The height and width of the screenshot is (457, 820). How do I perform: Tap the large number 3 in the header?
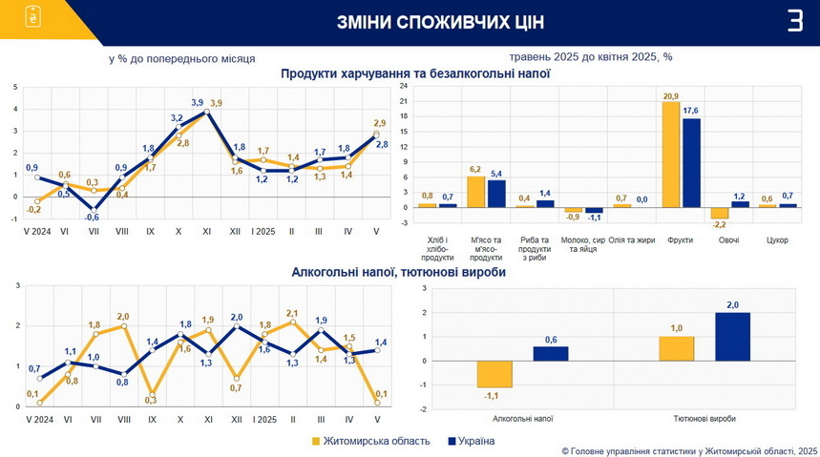coord(794,21)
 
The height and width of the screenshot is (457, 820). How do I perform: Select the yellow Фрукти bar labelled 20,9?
coord(671,155)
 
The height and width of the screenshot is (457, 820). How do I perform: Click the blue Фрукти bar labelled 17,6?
coord(691,162)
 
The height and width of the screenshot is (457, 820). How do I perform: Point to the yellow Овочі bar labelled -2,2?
coord(720,213)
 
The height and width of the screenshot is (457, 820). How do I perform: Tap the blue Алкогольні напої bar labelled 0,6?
coord(551,353)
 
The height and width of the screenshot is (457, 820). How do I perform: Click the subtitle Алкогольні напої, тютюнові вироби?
coord(399,273)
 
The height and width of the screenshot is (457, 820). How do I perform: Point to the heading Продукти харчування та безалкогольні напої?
coord(415,73)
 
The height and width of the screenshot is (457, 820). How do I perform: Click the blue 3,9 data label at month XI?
coord(198,102)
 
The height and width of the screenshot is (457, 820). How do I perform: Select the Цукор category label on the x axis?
coord(777,239)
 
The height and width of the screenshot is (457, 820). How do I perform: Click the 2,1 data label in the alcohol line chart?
coord(293,313)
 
